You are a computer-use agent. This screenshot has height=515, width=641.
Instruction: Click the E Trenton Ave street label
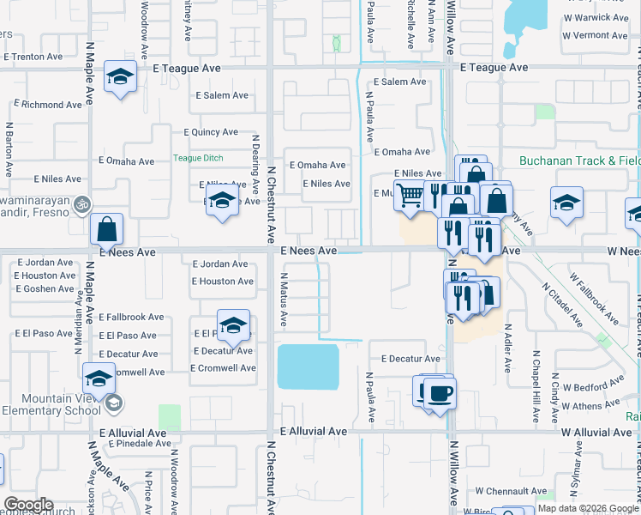click(x=33, y=57)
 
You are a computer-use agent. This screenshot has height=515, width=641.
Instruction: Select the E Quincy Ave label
click(x=211, y=132)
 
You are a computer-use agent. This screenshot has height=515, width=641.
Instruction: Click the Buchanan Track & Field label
click(x=579, y=161)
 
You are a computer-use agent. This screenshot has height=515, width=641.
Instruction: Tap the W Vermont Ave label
click(x=597, y=35)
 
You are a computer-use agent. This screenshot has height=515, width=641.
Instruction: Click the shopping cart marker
click(x=410, y=196)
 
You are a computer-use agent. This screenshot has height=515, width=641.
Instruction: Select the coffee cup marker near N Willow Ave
click(x=440, y=393)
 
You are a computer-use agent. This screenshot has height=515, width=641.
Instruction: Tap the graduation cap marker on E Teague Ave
click(x=120, y=76)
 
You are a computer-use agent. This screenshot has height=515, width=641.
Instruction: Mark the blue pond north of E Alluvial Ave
click(x=308, y=367)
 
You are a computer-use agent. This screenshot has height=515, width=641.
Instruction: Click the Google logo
click(x=28, y=506)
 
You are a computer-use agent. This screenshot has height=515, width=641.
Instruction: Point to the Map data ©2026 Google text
click(x=588, y=508)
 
